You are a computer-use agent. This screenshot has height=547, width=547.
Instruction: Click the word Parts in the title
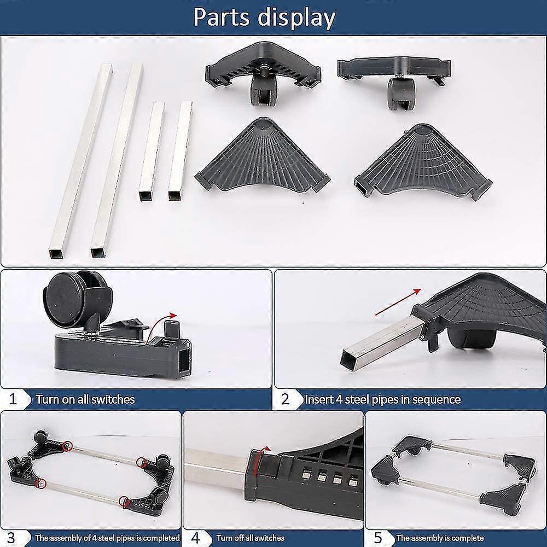pos(222,17)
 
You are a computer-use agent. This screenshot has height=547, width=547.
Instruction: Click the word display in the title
pos(297,18)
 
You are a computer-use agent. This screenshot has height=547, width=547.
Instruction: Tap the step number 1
pos(13,399)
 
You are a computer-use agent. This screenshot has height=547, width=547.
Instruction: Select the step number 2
pos(285,399)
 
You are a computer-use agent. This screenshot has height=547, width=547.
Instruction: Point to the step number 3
pos(11,538)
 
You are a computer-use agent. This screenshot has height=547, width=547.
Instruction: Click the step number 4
pos(195,538)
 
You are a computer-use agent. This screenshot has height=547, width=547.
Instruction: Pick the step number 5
pos(378,538)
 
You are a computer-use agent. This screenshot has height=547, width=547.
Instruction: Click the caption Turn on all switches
pos(85,399)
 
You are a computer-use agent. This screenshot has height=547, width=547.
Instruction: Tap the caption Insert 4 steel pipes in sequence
pos(383,399)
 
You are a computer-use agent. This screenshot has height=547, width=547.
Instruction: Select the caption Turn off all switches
pos(251,538)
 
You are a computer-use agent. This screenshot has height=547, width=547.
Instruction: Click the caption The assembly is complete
pos(440,538)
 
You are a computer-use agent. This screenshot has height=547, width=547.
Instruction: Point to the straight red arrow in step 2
pos(398,302)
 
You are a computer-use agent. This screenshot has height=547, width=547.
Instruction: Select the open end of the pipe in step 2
pos(349,359)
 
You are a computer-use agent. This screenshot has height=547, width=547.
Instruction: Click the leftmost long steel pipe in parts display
pos(81,160)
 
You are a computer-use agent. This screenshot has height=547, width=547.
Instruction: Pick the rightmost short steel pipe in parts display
pos(181,151)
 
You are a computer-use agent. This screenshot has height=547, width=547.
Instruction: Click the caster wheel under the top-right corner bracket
pos(400,94)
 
